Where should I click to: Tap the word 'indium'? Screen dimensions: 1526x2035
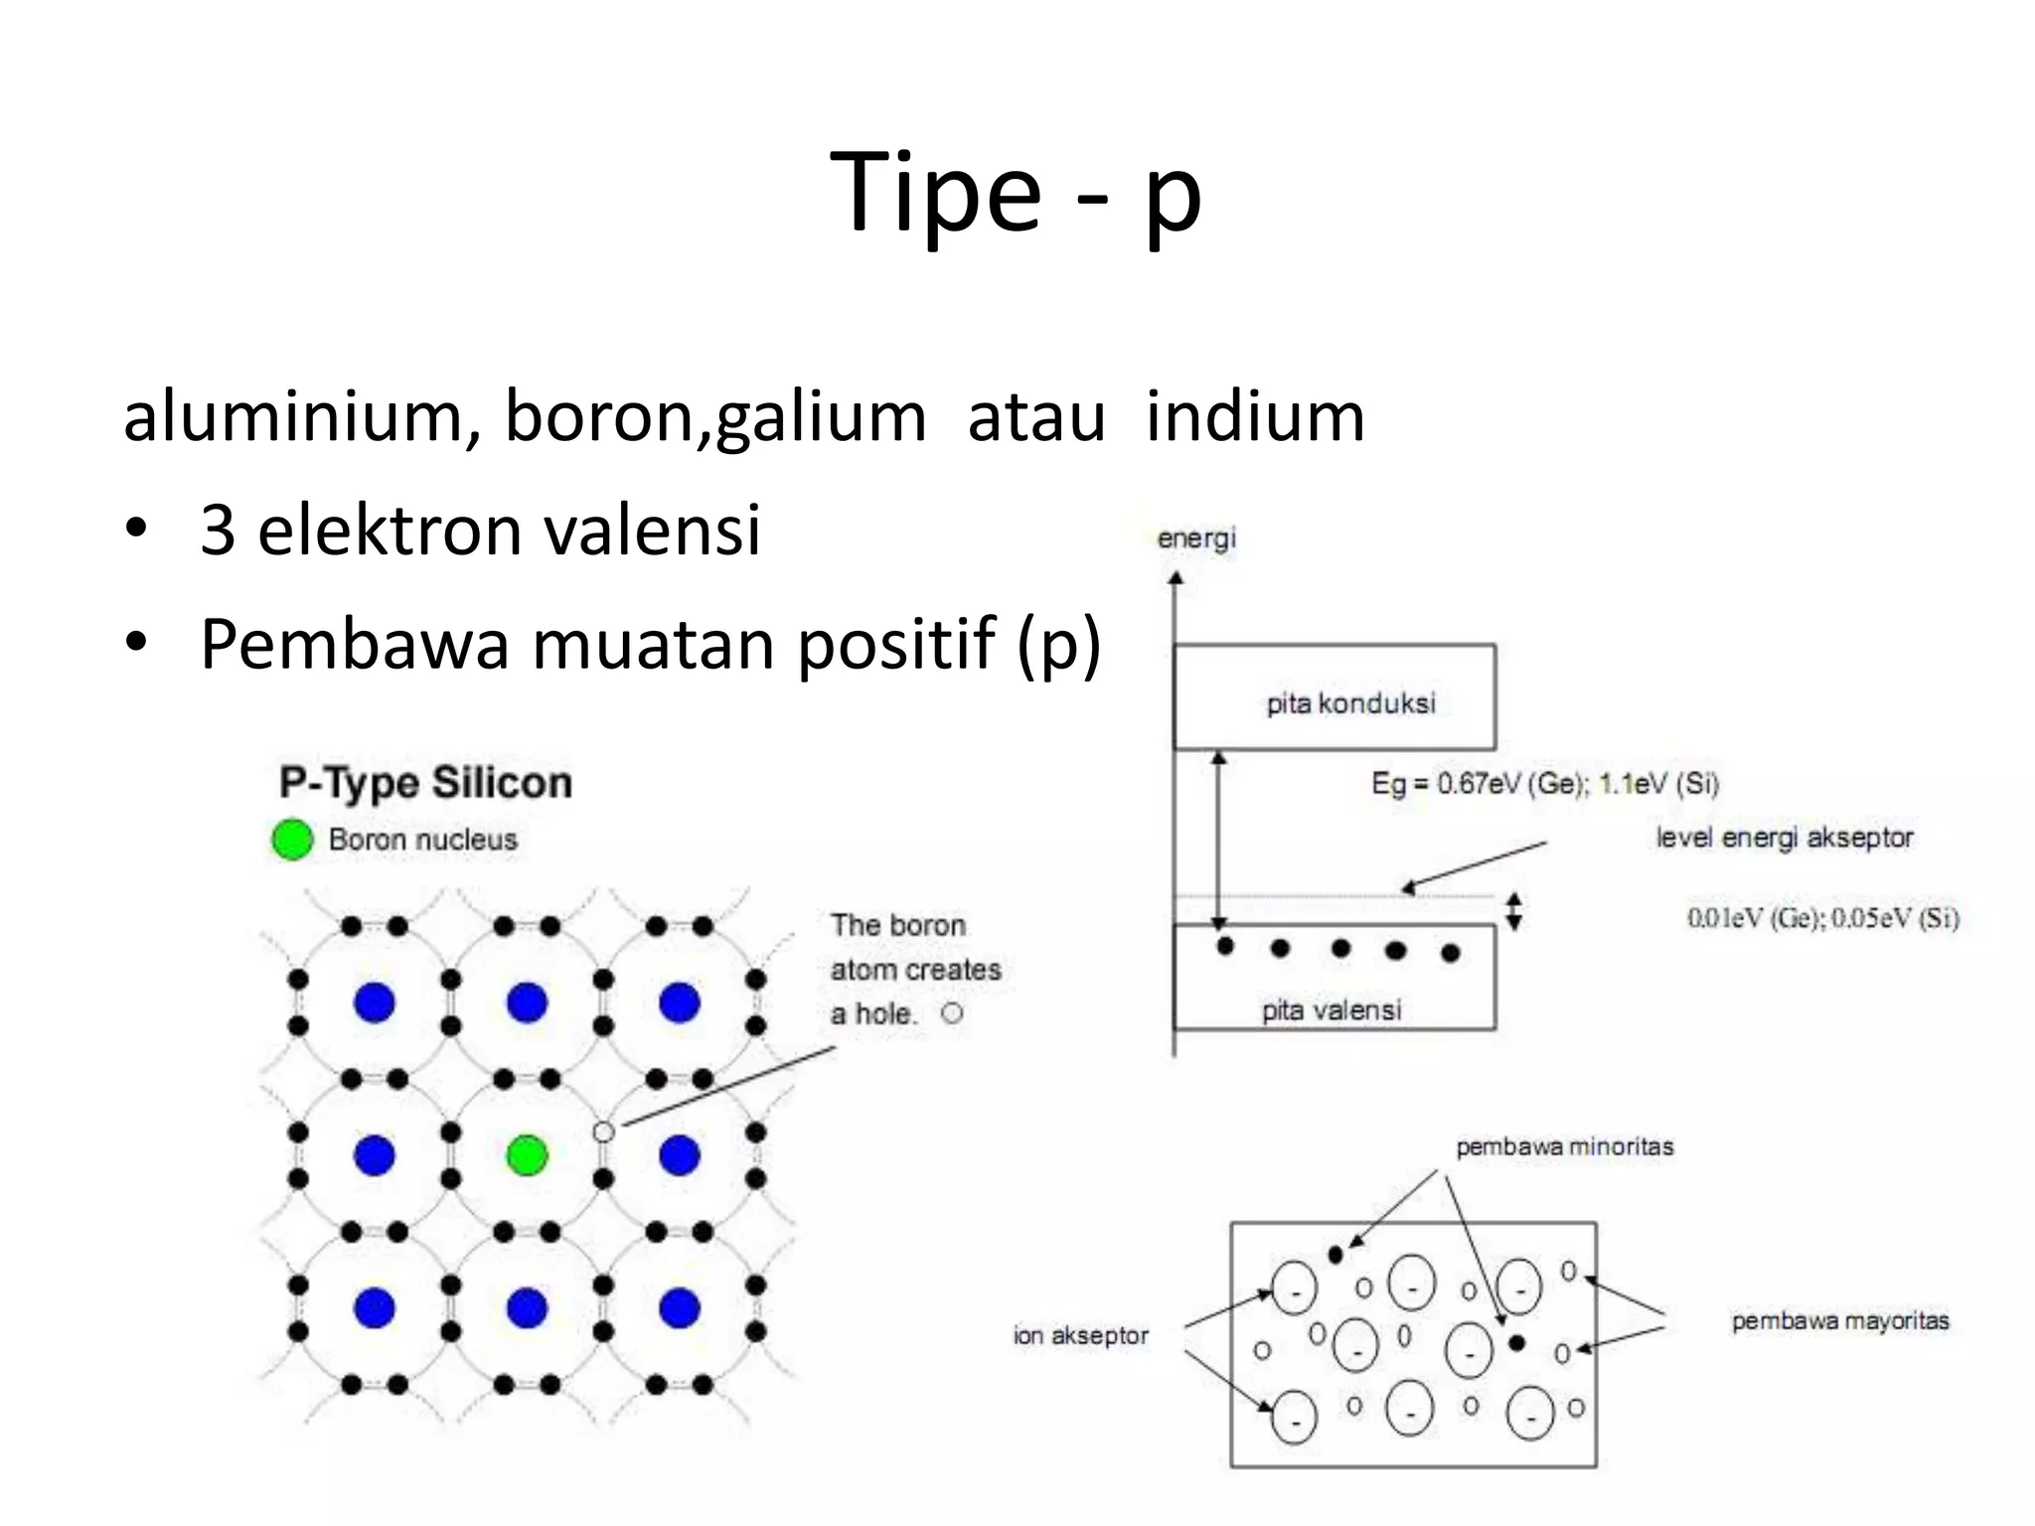(1255, 416)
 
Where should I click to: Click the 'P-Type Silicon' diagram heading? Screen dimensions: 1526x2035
(425, 783)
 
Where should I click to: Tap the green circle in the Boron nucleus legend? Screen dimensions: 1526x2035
(292, 839)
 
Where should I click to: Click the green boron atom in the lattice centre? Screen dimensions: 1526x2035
(527, 1155)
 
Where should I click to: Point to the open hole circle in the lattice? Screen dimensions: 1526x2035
(603, 1132)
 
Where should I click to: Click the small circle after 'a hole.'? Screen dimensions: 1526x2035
(953, 1013)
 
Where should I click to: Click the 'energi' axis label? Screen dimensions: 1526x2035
(1196, 538)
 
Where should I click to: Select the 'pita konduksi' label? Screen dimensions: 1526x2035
(1350, 703)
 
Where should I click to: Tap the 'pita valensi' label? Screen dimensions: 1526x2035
(1331, 1010)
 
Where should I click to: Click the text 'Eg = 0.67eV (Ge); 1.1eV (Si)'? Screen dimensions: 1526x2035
(1545, 784)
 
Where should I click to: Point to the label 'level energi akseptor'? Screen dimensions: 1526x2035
(1785, 838)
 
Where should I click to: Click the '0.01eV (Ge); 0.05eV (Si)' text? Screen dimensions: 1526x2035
(1823, 917)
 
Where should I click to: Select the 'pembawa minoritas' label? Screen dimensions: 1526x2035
(1565, 1146)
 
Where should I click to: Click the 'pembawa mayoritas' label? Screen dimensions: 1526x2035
(1840, 1320)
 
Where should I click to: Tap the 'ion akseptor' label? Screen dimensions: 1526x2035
(1080, 1335)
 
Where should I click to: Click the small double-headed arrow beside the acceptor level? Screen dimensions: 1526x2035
(1513, 911)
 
